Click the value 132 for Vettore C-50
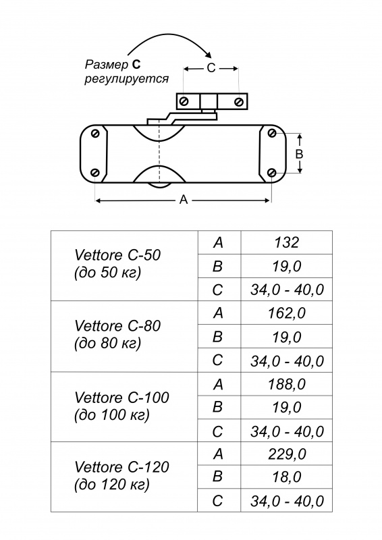coord(287,242)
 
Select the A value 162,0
coord(287,313)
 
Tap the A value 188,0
coord(287,384)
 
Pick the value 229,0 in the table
coord(287,454)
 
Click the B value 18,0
coord(287,477)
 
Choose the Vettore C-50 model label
coord(117,264)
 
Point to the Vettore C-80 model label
coord(117,334)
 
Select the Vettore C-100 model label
coord(121,406)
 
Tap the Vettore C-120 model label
coord(121,476)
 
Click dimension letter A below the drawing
coord(184,199)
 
